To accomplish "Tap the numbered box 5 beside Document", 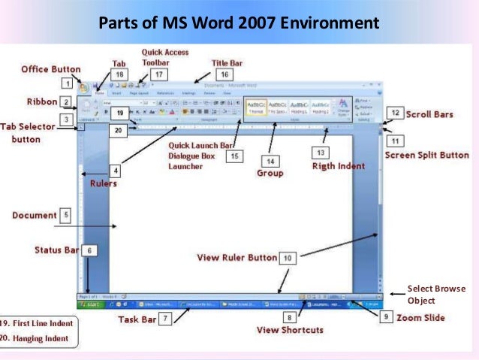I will pyautogui.click(x=65, y=216).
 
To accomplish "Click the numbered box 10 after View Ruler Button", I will pyautogui.click(x=288, y=257).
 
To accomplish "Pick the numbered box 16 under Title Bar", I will pyautogui.click(x=224, y=75).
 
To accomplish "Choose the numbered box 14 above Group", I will pyautogui.click(x=271, y=161).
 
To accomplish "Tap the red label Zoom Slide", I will pyautogui.click(x=420, y=318).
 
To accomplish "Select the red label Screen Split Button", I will pyautogui.click(x=426, y=156).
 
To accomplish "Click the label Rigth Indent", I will pyautogui.click(x=338, y=166).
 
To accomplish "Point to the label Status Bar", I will pyautogui.click(x=56, y=250).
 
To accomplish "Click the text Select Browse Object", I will pyautogui.click(x=436, y=294).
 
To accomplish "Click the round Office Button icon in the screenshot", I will pyautogui.click(x=84, y=86).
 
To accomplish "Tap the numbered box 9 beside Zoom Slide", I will pyautogui.click(x=385, y=318).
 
